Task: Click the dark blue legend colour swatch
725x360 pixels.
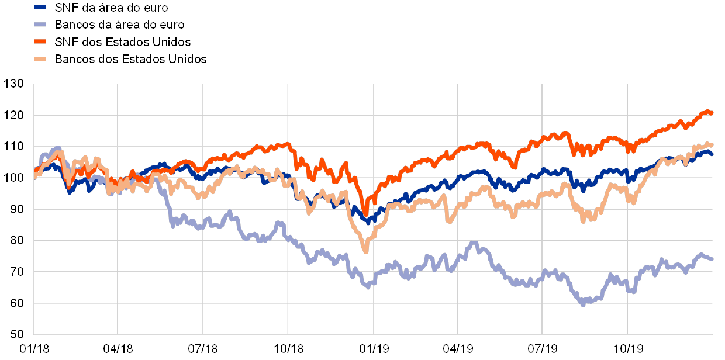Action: [40, 8]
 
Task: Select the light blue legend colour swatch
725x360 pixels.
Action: [40, 25]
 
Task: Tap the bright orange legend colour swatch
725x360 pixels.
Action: [40, 42]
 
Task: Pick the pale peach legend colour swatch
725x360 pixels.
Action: [40, 59]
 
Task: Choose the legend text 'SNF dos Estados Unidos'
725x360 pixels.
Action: [123, 42]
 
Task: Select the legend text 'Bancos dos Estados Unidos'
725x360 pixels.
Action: [131, 59]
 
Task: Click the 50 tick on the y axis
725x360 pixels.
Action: [16, 334]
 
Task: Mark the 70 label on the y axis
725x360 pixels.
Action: [16, 272]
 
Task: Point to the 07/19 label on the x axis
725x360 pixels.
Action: [543, 349]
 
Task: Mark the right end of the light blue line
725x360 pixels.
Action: [712, 259]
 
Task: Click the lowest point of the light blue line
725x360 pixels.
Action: [583, 304]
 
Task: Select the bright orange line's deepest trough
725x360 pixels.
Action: [366, 214]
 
